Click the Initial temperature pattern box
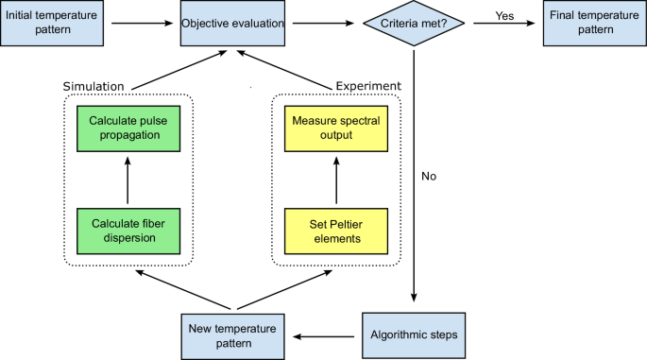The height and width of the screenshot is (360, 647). (51, 24)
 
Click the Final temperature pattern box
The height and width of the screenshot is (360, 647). (594, 24)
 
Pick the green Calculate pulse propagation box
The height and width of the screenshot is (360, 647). (125, 129)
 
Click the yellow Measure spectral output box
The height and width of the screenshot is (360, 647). (335, 129)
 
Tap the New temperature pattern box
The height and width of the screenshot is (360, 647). (231, 335)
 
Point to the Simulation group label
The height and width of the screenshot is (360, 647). (94, 86)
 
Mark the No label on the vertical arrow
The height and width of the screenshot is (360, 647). (429, 176)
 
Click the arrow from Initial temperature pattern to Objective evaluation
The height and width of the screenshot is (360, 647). (142, 24)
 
